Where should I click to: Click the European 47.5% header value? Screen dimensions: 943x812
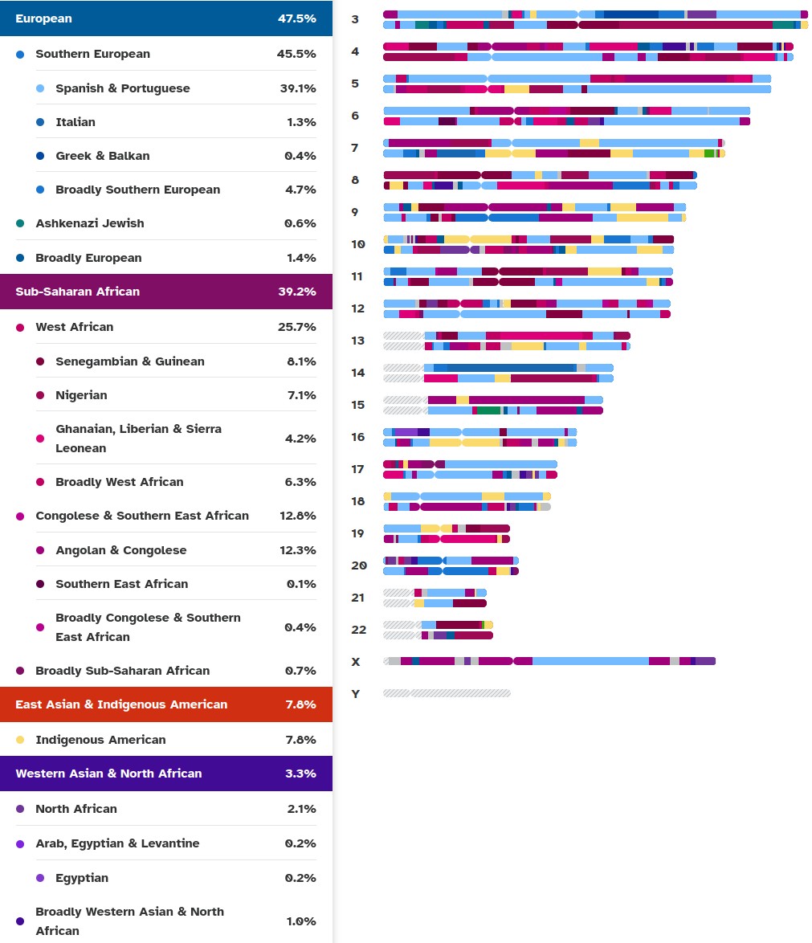[296, 18]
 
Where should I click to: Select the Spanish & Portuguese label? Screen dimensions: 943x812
[122, 88]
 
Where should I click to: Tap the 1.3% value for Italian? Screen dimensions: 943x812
[301, 122]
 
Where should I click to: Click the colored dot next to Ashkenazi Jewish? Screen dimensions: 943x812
[20, 223]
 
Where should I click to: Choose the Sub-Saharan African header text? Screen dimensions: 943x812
[77, 292]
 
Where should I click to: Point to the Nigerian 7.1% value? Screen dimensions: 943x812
[301, 395]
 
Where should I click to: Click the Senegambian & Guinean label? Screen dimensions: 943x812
[129, 361]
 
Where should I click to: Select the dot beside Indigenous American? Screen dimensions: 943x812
[20, 740]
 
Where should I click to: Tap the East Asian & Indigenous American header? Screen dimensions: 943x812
[121, 704]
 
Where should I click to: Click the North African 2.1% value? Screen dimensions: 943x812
[301, 809]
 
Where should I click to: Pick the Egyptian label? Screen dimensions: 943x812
[81, 878]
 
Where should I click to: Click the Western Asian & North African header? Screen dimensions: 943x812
[108, 774]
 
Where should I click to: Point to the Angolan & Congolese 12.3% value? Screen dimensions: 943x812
[298, 550]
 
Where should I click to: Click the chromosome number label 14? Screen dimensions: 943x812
[358, 373]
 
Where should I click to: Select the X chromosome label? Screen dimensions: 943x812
[356, 662]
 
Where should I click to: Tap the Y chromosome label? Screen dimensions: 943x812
[356, 694]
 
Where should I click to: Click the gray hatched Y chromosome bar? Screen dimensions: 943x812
[447, 693]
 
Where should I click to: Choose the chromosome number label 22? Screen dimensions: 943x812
[358, 630]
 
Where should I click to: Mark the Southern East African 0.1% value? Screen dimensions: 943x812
[301, 584]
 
